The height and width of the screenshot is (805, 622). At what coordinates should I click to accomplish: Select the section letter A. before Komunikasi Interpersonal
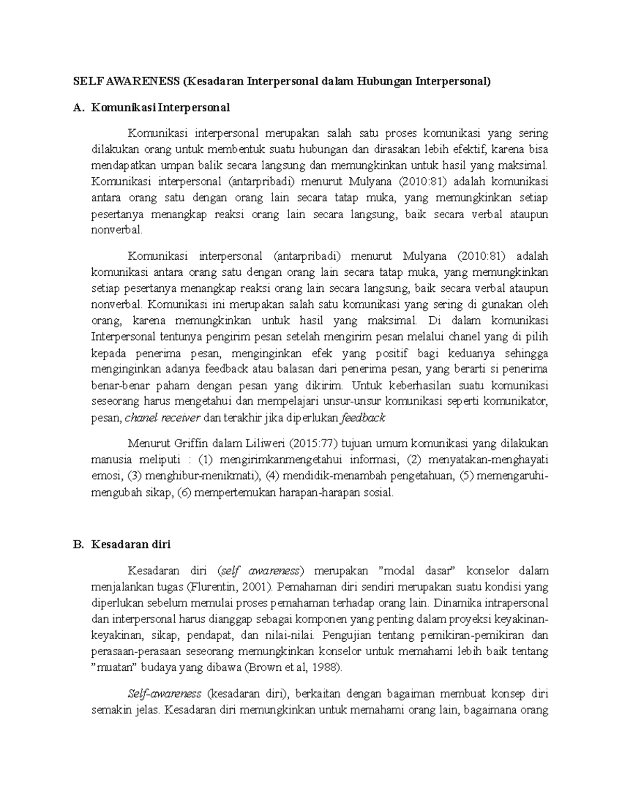[x=78, y=108]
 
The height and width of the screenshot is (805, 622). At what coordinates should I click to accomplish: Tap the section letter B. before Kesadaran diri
[x=78, y=544]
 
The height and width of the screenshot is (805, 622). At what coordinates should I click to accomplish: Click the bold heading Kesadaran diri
[x=131, y=544]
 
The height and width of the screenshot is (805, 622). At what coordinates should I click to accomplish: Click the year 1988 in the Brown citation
[x=326, y=668]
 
